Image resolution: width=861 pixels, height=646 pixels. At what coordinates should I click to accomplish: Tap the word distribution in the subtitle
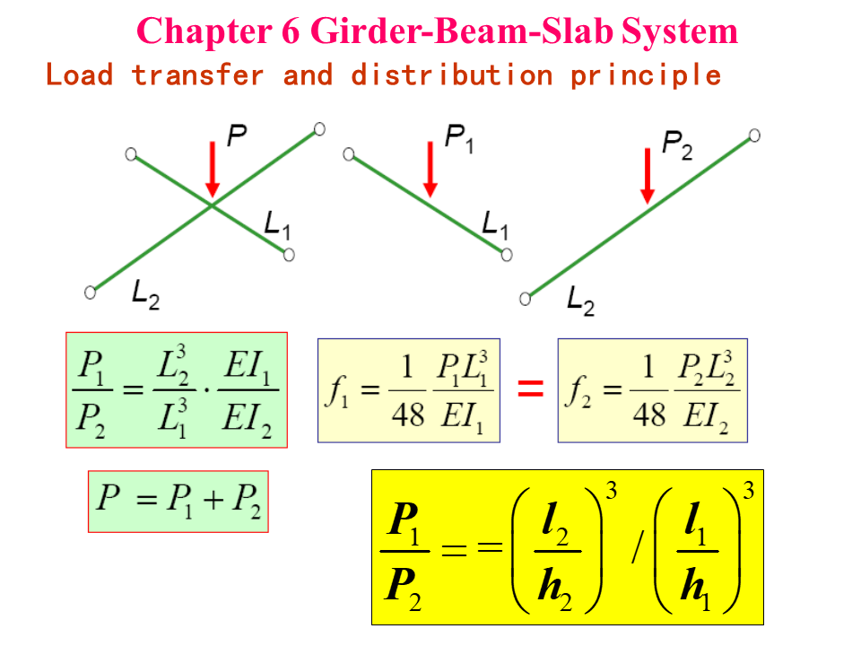click(x=451, y=74)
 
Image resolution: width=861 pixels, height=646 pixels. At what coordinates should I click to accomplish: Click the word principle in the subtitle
click(x=646, y=74)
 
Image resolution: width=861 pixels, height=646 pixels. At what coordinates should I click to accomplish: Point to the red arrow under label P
click(x=212, y=169)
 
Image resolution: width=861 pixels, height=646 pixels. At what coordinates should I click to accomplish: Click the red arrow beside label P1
click(x=430, y=169)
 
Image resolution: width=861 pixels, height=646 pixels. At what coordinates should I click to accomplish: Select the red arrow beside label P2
click(x=648, y=175)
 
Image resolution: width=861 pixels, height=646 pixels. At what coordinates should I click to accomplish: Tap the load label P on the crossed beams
click(x=236, y=136)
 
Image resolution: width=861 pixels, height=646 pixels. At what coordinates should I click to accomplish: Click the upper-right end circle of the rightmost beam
click(x=754, y=135)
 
